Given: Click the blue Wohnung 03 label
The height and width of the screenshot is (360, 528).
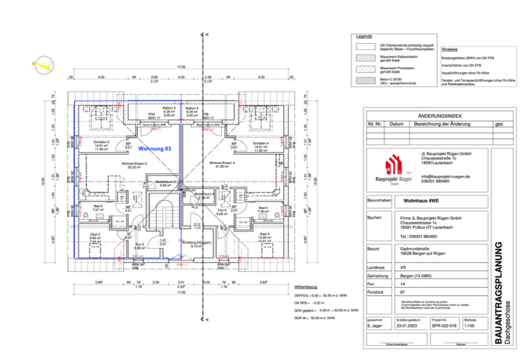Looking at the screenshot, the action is point(155,149).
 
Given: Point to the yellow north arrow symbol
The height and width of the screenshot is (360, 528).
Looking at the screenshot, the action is point(43,65).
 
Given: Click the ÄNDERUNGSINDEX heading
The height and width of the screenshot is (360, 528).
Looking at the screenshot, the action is point(439,116).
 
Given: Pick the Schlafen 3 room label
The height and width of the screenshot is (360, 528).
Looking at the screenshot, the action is point(101,142).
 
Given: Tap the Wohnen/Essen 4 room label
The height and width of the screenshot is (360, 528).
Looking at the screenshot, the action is point(222,163).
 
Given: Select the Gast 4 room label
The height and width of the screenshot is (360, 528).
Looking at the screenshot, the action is point(264,233).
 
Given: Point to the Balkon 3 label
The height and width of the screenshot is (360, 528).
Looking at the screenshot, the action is point(169,108).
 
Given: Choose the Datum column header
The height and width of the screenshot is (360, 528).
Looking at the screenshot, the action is point(397,124).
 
